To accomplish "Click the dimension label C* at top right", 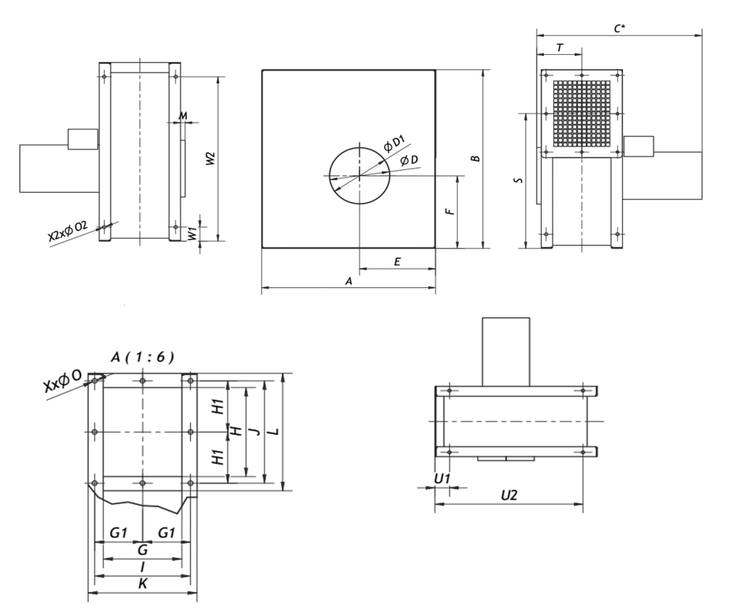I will tap(619, 27).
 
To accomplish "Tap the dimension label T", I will tap(560, 47).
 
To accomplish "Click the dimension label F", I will tap(451, 210).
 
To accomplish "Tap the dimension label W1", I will tap(192, 234).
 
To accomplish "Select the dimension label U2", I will tap(509, 496).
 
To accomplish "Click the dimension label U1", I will tap(442, 478).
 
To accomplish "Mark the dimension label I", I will tap(142, 567).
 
